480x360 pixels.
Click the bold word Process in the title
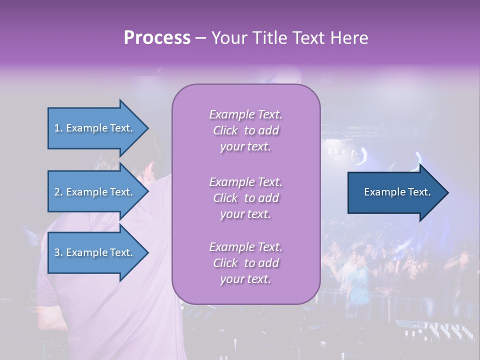pos(157,37)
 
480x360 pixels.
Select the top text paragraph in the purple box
pos(245,130)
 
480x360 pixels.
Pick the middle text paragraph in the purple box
pos(245,198)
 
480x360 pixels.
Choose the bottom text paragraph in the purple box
pos(245,263)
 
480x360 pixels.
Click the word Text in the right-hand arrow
pos(419,192)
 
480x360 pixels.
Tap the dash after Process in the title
pos(201,38)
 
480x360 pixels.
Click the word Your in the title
pos(228,37)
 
